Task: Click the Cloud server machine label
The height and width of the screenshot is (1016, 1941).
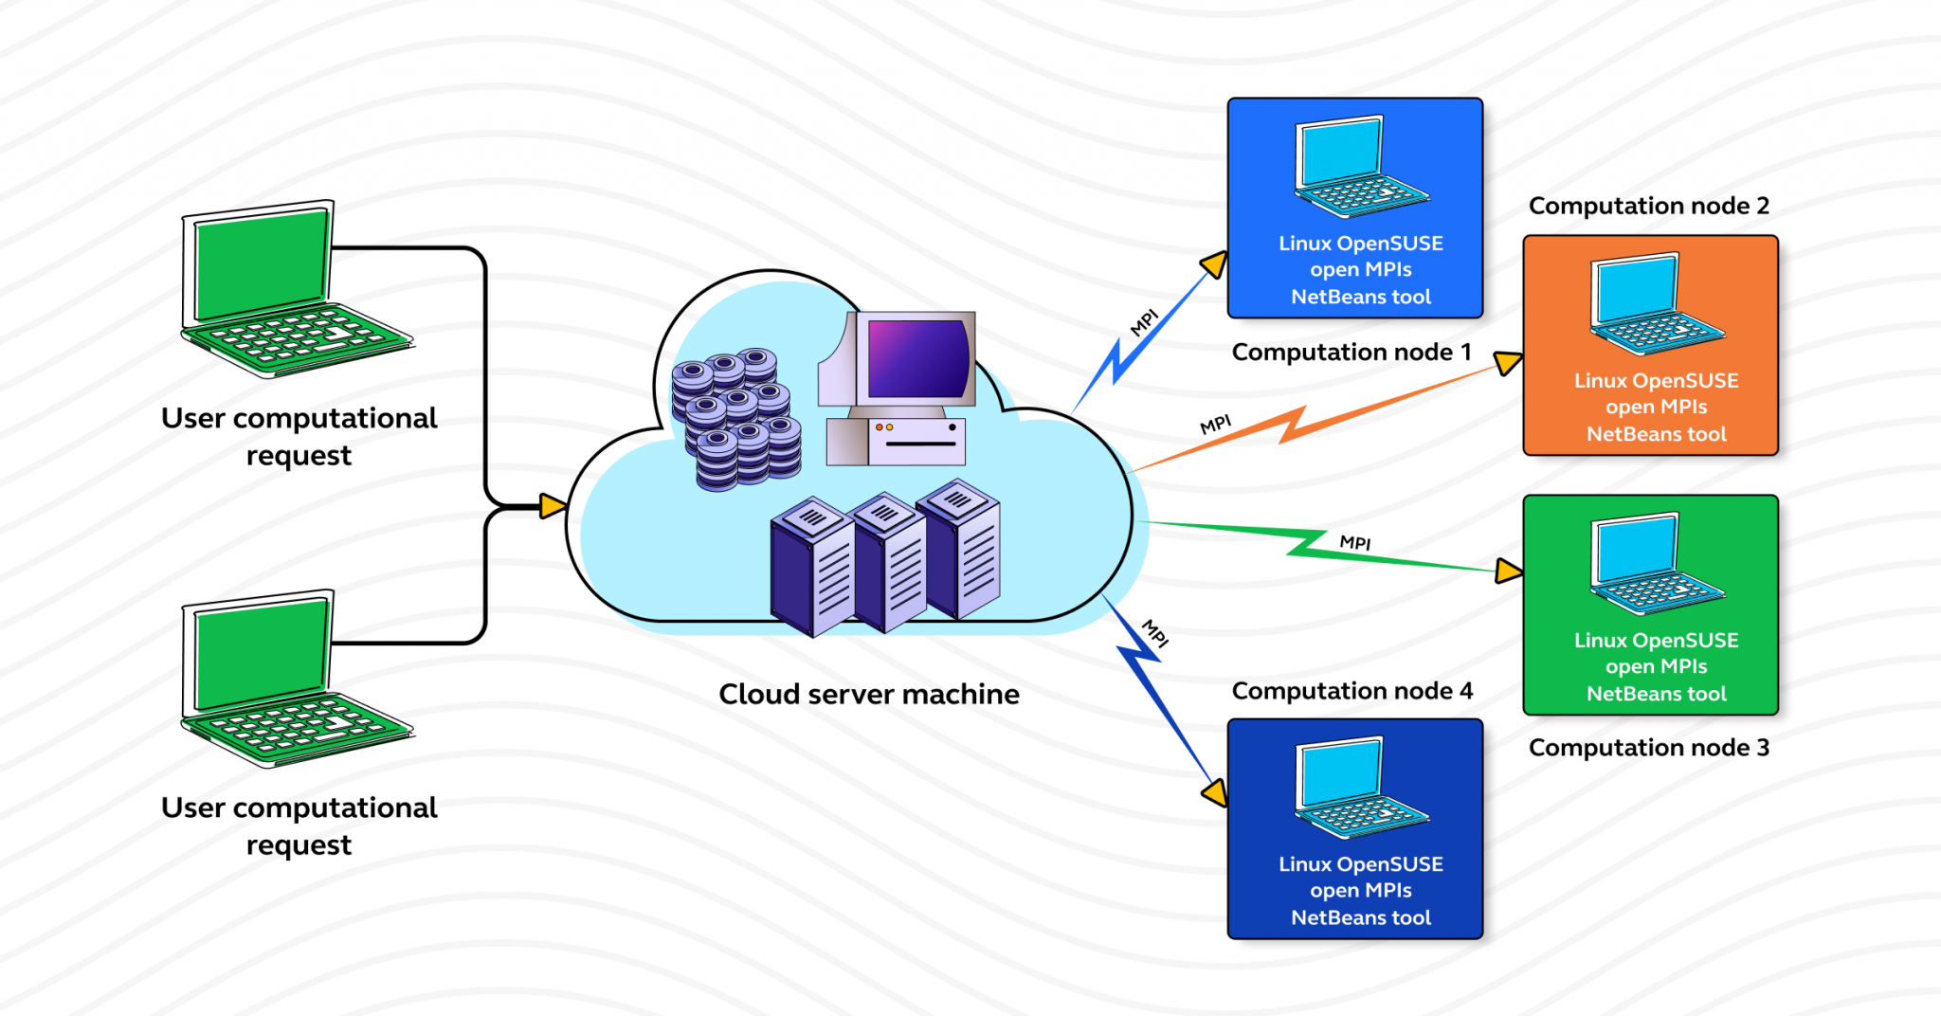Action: coord(868,694)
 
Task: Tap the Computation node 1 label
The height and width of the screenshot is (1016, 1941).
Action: coord(1351,353)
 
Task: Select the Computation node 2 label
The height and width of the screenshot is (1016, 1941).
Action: coord(1648,206)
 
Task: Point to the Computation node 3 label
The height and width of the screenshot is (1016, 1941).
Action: coord(1648,748)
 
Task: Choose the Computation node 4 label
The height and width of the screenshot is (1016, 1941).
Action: coord(1351,691)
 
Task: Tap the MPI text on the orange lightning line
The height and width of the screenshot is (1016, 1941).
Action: coord(1215,424)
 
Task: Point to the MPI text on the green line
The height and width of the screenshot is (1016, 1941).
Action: coord(1355,542)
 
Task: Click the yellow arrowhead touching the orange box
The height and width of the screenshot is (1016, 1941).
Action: coord(1508,362)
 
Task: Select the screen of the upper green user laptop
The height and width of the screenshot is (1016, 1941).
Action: coord(261,265)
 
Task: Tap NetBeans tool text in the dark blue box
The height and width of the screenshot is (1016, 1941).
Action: coord(1360,917)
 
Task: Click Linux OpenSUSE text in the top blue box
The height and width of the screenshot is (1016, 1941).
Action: coord(1360,244)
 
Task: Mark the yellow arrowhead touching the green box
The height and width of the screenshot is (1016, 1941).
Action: coord(1508,571)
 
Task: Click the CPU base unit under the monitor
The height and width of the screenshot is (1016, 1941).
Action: coord(896,442)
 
